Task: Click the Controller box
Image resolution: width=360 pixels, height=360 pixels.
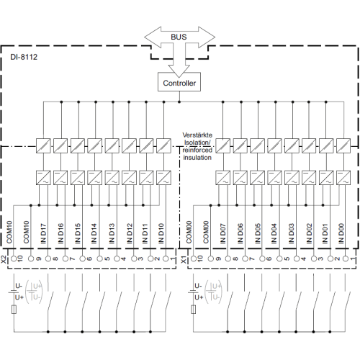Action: [179, 82]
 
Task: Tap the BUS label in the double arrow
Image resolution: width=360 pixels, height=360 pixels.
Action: [179, 37]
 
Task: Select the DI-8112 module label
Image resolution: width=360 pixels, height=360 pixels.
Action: [24, 57]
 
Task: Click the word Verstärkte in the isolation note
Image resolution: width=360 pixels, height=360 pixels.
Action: [197, 135]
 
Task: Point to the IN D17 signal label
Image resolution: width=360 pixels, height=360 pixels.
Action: [43, 233]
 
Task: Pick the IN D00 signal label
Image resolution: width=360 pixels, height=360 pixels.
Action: [341, 233]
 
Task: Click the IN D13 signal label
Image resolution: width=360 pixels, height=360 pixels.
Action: [112, 233]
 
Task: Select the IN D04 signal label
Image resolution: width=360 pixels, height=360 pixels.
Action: [274, 233]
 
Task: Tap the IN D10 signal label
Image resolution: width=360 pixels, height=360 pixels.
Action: [161, 233]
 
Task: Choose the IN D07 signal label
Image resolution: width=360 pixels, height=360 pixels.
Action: [223, 233]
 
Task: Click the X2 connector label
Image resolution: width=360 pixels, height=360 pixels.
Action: [4, 259]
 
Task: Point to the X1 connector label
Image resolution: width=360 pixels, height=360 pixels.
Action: [184, 259]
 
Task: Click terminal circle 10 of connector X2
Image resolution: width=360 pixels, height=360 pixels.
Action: [14, 258]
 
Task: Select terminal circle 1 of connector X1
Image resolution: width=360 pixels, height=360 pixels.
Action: [346, 258]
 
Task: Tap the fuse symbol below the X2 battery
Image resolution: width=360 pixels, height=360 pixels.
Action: [14, 310]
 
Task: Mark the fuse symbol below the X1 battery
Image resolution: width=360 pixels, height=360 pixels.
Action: [194, 310]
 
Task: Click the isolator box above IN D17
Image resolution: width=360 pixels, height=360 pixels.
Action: [43, 145]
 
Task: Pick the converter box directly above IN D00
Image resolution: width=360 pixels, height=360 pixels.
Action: [343, 178]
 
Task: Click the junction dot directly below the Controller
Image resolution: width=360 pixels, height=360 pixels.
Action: [179, 102]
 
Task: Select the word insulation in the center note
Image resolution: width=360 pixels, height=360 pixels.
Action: [197, 158]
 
